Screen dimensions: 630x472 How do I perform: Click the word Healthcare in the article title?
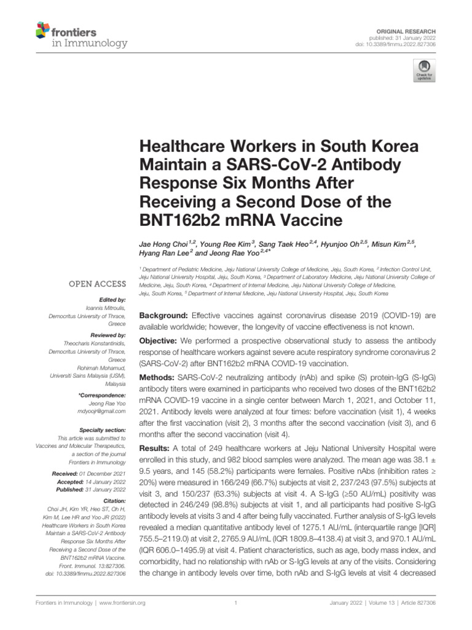point(183,148)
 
